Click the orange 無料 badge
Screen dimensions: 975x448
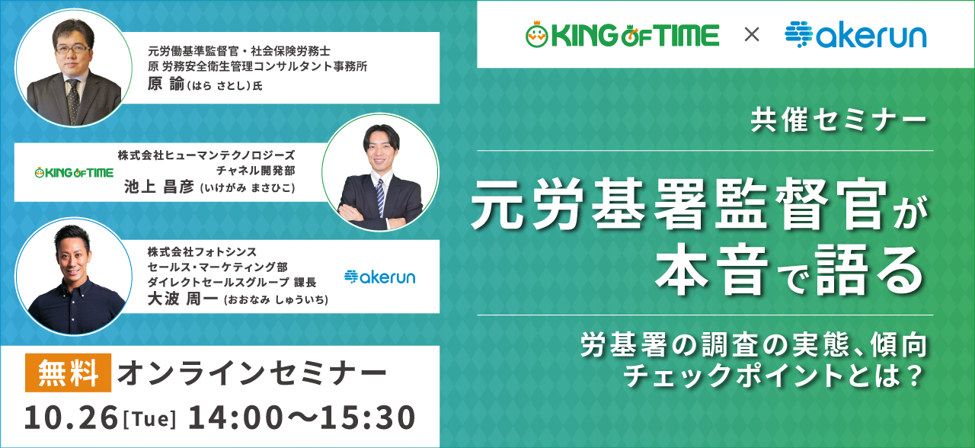(68, 373)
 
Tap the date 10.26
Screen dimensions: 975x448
(71, 418)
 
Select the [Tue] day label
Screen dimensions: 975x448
(150, 419)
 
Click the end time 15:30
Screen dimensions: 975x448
(367, 418)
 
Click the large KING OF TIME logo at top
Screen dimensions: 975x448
(622, 34)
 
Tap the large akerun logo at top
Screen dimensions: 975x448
(855, 34)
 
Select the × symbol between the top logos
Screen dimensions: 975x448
(752, 34)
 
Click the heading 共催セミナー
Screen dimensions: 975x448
(839, 120)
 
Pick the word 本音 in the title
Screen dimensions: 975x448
(711, 270)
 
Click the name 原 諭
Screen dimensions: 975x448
(166, 84)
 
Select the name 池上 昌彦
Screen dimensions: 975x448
(159, 187)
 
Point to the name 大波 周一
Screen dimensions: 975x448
(182, 299)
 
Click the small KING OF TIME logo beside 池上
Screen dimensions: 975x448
(74, 173)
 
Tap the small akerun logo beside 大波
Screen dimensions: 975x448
(379, 277)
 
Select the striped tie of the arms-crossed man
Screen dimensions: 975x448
(380, 197)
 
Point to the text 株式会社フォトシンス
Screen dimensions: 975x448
(202, 251)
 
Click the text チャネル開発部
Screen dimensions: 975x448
(256, 170)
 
